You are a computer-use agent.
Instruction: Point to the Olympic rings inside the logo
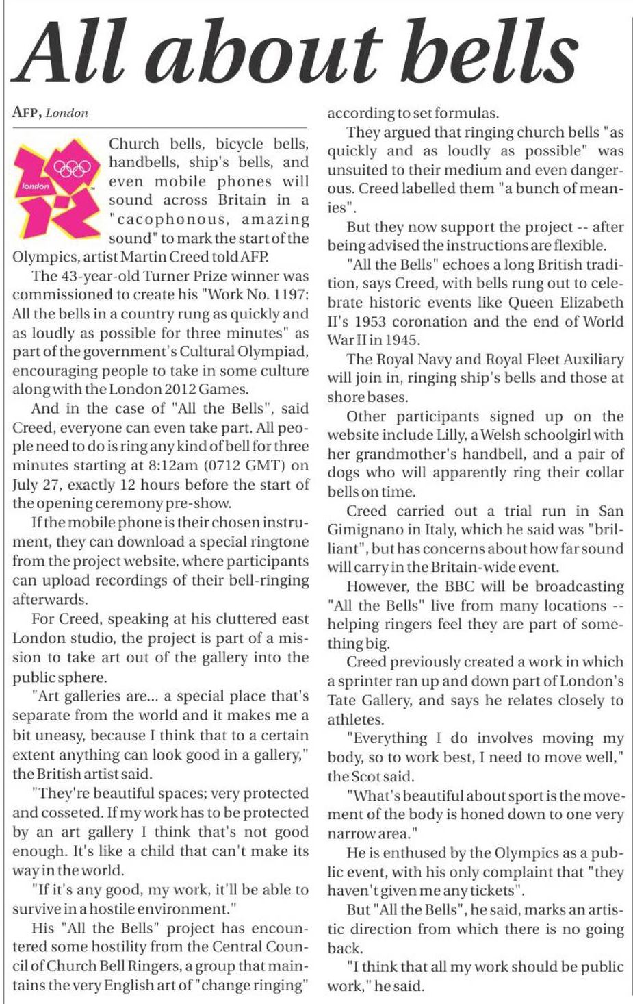[x=71, y=168]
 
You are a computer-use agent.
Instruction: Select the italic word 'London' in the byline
[x=67, y=113]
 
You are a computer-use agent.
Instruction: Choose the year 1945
[x=402, y=340]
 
